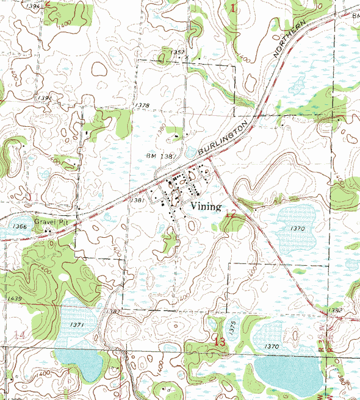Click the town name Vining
(206, 207)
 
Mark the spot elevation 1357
(178, 52)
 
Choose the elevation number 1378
(143, 105)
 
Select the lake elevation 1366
(20, 227)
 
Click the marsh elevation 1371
(77, 324)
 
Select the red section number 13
(219, 342)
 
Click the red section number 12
(230, 213)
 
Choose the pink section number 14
(20, 335)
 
